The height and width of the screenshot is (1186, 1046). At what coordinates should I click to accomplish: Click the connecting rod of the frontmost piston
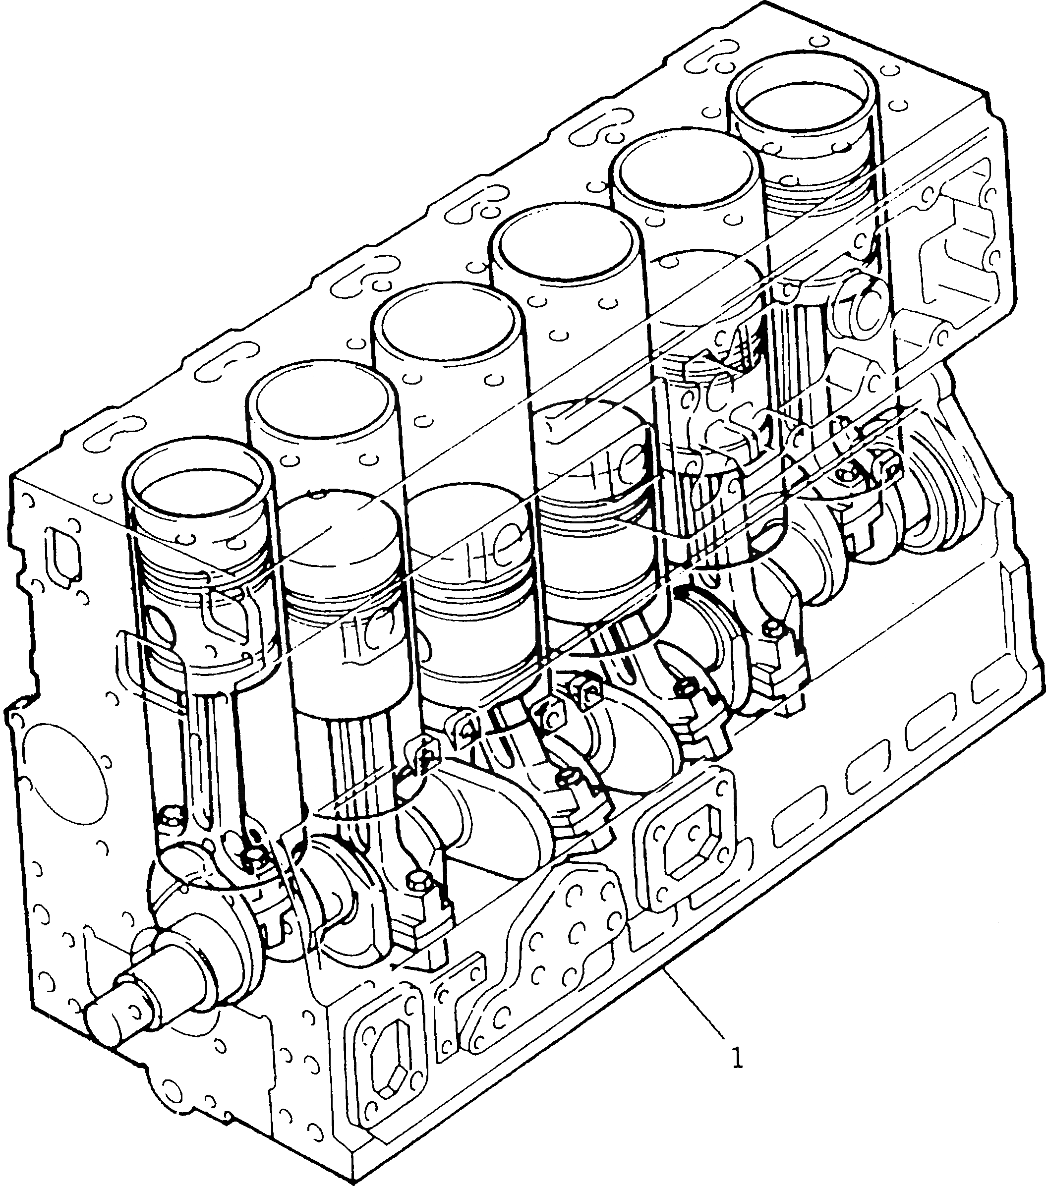click(x=203, y=743)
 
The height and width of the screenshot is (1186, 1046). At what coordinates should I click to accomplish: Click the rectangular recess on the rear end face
click(x=958, y=244)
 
